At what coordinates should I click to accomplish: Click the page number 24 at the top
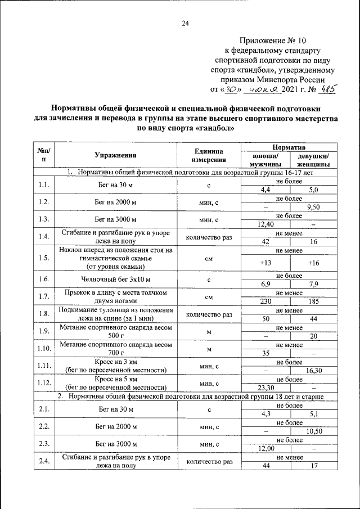tap(186, 23)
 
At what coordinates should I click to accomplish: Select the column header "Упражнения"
tap(115, 156)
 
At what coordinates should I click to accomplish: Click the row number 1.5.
tap(43, 258)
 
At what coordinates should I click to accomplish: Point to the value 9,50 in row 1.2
tap(313, 206)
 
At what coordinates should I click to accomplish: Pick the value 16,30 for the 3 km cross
tap(313, 371)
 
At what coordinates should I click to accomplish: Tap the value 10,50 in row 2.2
tap(313, 431)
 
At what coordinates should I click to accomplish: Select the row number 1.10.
tap(43, 349)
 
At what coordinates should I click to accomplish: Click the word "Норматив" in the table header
tap(289, 146)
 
